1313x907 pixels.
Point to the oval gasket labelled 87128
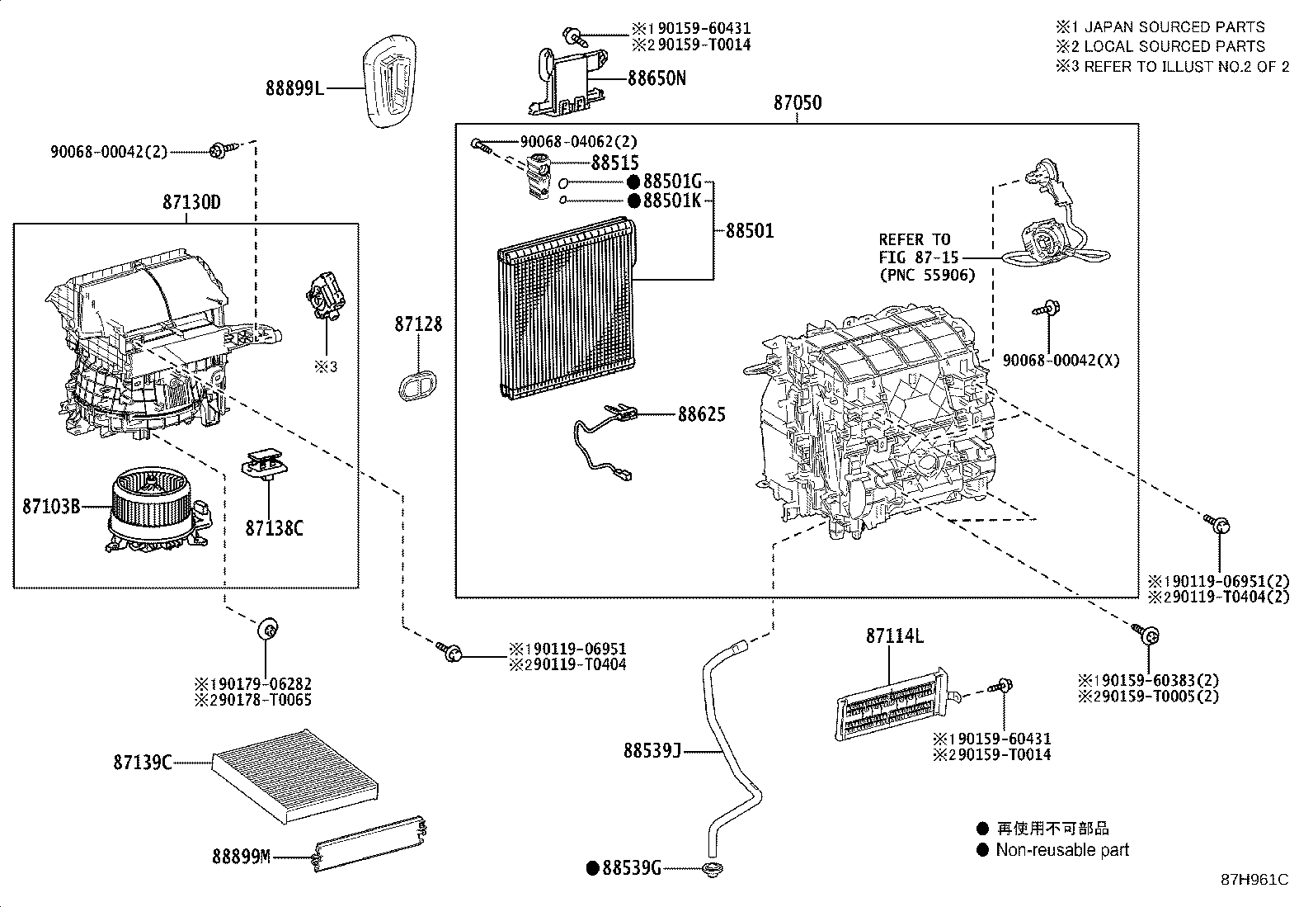(419, 385)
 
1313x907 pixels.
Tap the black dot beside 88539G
(592, 867)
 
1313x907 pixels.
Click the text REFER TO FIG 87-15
(915, 248)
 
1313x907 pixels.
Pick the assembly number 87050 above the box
(798, 103)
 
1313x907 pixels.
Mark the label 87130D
(191, 202)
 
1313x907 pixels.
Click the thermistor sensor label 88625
(702, 413)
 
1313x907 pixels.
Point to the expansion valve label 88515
(614, 163)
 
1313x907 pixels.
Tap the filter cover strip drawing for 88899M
(371, 845)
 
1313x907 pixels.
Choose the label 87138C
(274, 528)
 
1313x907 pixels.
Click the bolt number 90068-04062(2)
(578, 142)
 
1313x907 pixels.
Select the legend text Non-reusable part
(1062, 850)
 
